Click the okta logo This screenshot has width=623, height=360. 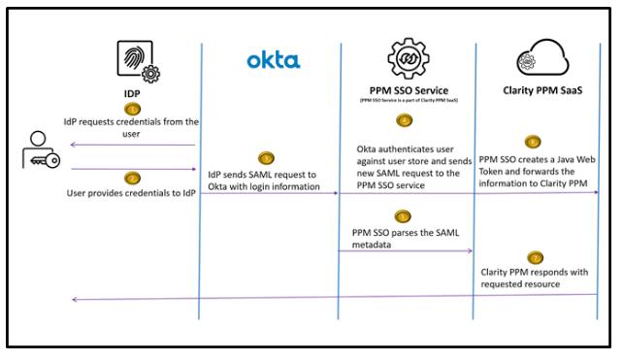273,61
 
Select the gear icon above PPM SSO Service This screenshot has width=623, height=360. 408,60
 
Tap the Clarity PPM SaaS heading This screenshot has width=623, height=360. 539,92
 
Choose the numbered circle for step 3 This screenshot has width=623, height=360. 265,158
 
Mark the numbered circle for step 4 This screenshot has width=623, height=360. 405,121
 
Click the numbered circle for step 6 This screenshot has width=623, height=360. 532,141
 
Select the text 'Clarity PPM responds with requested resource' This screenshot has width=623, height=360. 535,278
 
